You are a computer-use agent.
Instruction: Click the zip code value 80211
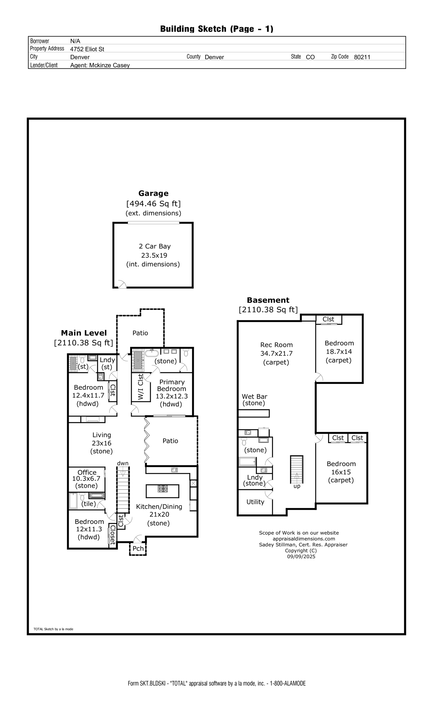tap(362, 57)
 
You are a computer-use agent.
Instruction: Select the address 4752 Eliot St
tap(87, 49)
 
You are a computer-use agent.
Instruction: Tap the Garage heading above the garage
tap(153, 193)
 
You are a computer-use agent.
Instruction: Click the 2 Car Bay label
tap(155, 246)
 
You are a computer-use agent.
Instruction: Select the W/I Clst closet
tap(141, 387)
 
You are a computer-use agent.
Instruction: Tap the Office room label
tap(87, 472)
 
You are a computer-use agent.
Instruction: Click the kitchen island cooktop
tap(162, 489)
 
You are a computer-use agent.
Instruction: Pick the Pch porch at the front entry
tap(138, 549)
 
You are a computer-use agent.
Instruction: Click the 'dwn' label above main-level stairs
tap(123, 463)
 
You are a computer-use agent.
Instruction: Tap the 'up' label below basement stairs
tap(297, 486)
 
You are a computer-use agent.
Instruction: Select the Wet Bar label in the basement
tap(254, 396)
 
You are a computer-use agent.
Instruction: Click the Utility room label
tap(255, 502)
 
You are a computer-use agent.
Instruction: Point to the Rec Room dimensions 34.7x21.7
tap(276, 354)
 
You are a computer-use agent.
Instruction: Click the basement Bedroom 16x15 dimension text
tap(341, 472)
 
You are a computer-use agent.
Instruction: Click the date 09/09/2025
tap(301, 557)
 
